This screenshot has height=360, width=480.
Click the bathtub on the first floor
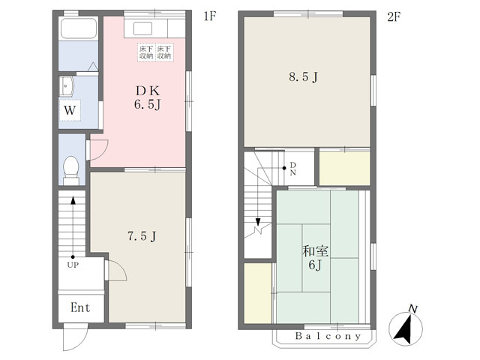pos(79,28)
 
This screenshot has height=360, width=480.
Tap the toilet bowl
pos(71,170)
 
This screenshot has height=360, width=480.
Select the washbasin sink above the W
pos(67,87)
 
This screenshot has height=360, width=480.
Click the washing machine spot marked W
pos(70,110)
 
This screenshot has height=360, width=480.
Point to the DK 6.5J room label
pos(148,97)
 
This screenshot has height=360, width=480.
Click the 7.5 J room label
pos(142,236)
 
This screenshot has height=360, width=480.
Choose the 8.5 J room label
pos(303,76)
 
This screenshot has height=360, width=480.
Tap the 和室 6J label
pos(315,258)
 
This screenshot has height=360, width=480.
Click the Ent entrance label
pos(80,307)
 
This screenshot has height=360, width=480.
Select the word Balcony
pos(328,336)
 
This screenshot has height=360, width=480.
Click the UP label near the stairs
pos(73,265)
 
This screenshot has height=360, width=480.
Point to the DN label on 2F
pos(293,169)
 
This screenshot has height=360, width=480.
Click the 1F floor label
pos(210,16)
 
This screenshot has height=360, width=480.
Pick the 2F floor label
pos(394,16)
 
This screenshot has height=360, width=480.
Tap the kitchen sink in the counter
pos(142,29)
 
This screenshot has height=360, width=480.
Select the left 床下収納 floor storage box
pos(146,52)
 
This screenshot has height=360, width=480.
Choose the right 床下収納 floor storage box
pos(163,52)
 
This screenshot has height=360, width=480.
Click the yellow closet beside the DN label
pos(345,169)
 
